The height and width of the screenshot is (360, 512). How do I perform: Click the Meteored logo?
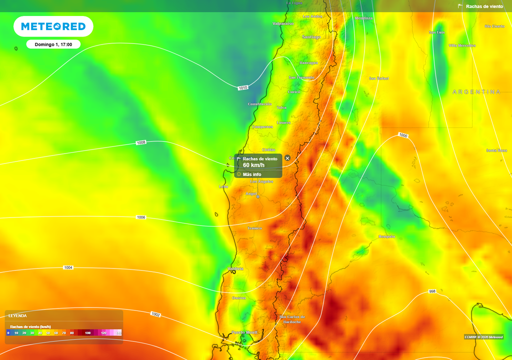pos(53,26)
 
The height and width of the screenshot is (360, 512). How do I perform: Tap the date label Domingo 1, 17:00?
pos(53,44)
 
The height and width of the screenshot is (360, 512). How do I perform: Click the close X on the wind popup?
pos(287,158)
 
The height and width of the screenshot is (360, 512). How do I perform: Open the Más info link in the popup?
pos(252,174)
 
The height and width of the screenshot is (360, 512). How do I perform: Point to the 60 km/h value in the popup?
pos(253,165)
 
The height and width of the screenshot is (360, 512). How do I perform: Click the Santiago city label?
pos(311,37)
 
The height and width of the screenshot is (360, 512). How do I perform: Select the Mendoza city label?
pos(363,18)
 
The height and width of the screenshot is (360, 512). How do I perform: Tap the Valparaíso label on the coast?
pos(283,23)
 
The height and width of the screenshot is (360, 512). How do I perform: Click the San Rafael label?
pos(378,78)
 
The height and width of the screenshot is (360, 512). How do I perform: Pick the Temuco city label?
pos(254,228)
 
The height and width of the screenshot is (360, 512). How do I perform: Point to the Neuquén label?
pos(386,236)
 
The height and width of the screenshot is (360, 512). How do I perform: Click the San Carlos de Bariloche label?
pos(292,319)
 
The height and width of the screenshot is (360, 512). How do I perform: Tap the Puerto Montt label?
pos(244,332)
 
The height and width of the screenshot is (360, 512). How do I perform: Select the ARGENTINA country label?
pos(476,92)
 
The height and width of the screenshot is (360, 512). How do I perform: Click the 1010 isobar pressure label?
pos(242,88)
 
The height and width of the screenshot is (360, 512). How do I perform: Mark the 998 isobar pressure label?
pos(432,291)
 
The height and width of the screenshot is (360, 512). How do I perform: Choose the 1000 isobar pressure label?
pos(403,135)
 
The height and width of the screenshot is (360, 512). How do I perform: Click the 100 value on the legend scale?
pos(87,332)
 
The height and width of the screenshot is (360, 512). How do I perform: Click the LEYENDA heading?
pos(17,315)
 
